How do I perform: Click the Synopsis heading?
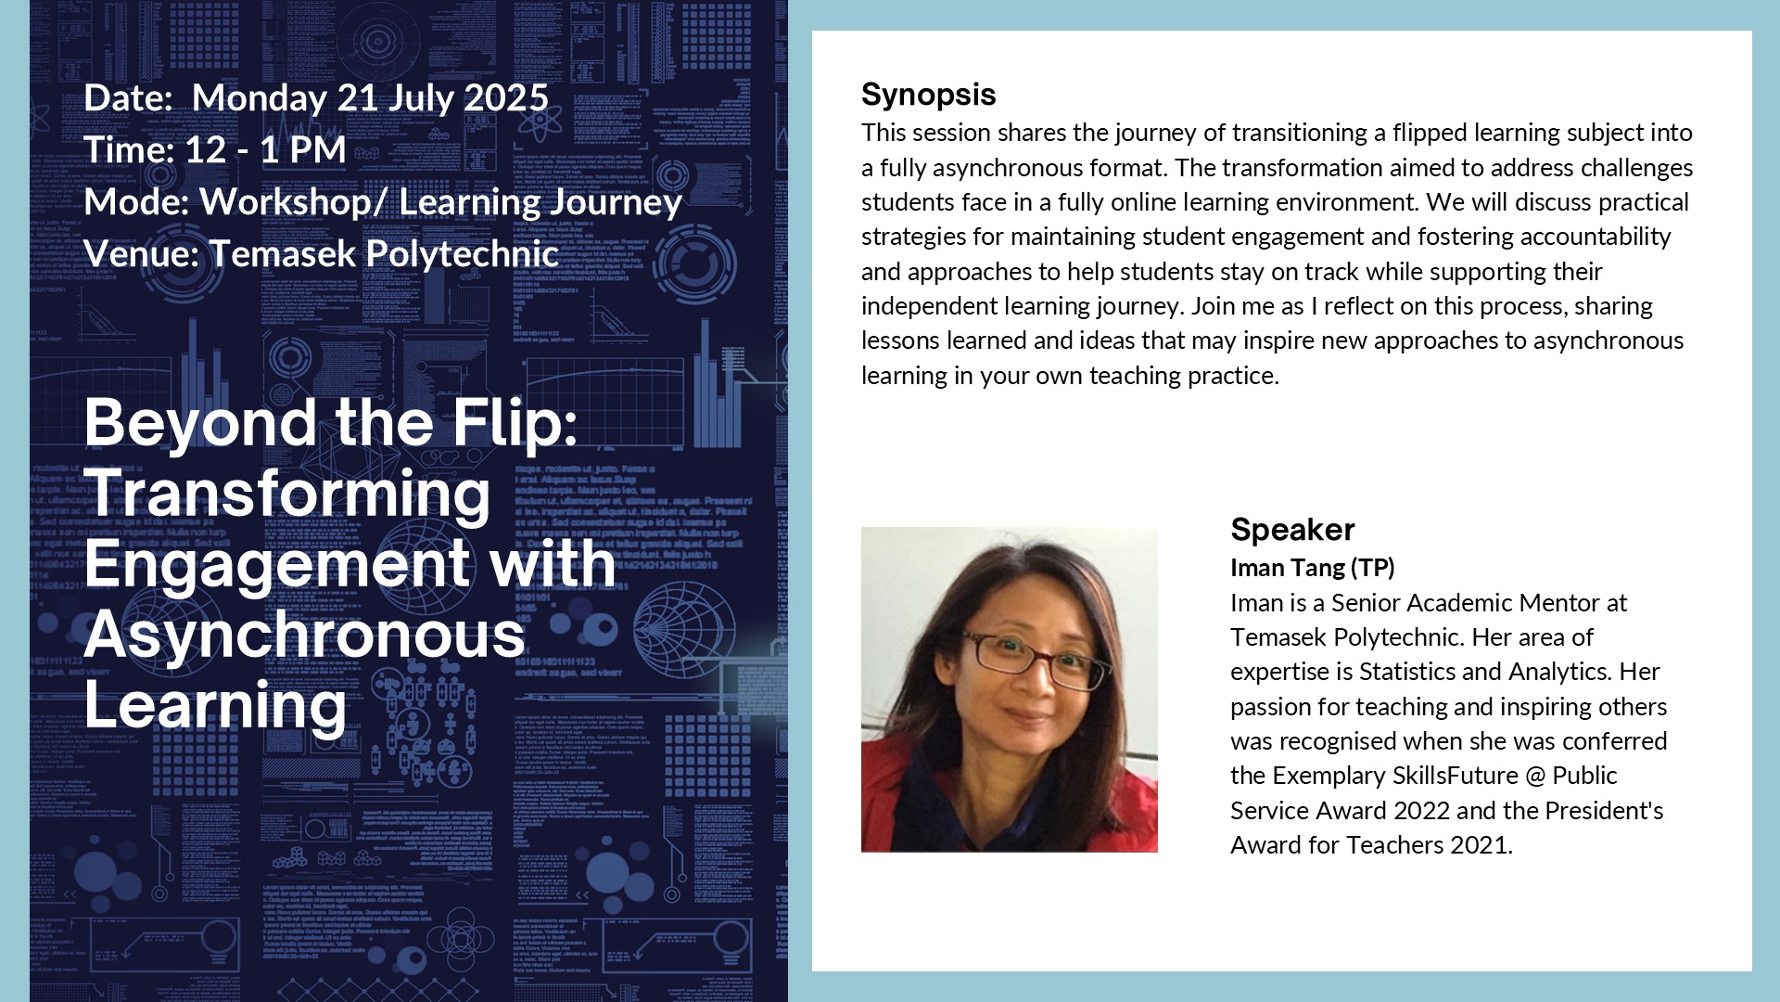click(928, 95)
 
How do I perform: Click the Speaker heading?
click(1292, 530)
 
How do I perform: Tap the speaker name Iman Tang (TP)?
click(1312, 568)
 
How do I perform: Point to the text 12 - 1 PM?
click(265, 150)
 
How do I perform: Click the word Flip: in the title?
click(515, 424)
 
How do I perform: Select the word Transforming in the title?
click(287, 495)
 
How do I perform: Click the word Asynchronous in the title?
click(305, 635)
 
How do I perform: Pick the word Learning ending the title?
click(216, 707)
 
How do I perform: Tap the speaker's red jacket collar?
click(890, 789)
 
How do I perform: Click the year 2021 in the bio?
click(1481, 845)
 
